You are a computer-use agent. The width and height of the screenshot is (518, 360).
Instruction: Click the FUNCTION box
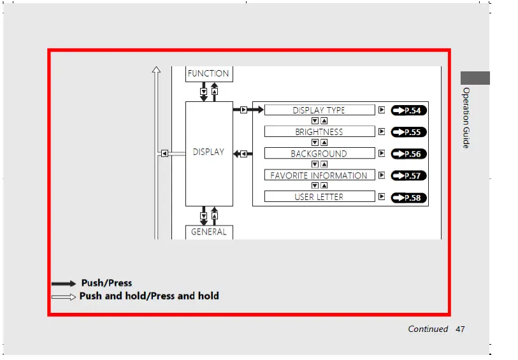click(208, 74)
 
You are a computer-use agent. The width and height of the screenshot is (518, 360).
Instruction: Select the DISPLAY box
click(208, 153)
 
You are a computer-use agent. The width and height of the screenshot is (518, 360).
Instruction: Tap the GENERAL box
click(208, 232)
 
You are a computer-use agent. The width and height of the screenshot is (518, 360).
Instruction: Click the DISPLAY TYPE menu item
click(319, 110)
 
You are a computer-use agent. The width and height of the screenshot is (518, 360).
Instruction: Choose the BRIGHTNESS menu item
click(319, 132)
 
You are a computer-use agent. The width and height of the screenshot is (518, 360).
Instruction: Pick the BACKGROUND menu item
click(319, 154)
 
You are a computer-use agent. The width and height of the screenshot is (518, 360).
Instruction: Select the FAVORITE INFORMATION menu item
click(319, 175)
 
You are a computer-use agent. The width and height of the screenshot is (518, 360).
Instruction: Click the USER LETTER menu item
click(319, 197)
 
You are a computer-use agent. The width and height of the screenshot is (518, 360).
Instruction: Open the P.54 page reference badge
click(408, 111)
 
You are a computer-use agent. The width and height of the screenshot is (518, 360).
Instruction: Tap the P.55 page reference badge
click(408, 133)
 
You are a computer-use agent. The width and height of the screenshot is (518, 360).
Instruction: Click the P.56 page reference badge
click(408, 154)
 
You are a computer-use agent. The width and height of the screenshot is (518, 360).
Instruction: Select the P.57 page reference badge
click(408, 176)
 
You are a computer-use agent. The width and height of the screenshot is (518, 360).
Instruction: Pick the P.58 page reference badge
click(408, 198)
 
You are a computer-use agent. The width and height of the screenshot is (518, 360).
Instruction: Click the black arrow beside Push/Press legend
click(64, 284)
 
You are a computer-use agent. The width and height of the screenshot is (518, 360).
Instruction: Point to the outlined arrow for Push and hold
click(64, 297)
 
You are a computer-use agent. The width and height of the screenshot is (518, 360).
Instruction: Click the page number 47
click(460, 329)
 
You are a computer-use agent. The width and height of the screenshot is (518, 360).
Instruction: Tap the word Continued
click(428, 329)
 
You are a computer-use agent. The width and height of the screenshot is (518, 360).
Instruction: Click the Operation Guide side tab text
click(466, 118)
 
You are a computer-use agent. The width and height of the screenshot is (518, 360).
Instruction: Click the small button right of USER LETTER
click(382, 196)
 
